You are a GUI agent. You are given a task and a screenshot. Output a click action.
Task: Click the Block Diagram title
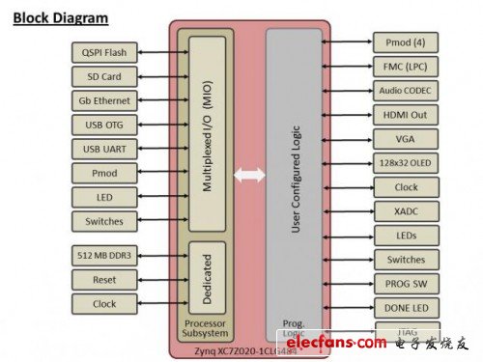pos(60,17)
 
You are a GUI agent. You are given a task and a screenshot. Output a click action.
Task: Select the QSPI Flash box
pos(103,52)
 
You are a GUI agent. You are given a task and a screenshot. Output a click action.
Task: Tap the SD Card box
pos(103,76)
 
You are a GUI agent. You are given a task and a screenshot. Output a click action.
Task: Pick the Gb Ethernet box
pos(103,100)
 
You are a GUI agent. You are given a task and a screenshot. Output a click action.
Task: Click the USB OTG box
pos(103,125)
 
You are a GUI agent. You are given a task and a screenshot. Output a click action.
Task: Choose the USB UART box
pos(103,149)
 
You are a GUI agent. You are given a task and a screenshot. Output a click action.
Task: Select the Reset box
pos(103,279)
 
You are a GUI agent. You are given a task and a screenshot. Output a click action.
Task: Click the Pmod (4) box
pos(406,42)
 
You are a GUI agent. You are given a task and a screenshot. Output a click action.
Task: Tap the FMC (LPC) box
pos(406,67)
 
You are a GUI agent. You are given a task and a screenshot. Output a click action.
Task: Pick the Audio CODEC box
pos(406,91)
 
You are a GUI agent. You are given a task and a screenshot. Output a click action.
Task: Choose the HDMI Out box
pos(406,115)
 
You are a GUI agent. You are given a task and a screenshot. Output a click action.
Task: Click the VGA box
pos(406,139)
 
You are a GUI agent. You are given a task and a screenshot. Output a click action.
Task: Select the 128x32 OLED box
pos(406,163)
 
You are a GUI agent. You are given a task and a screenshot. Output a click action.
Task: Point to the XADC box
pos(406,211)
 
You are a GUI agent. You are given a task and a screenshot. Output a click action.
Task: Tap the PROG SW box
pos(406,284)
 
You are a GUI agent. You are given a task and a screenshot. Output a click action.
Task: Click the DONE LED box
pos(406,308)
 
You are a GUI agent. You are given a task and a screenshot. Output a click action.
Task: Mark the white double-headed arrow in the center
pos(248,176)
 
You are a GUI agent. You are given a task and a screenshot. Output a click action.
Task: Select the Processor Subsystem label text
pos(204,327)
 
